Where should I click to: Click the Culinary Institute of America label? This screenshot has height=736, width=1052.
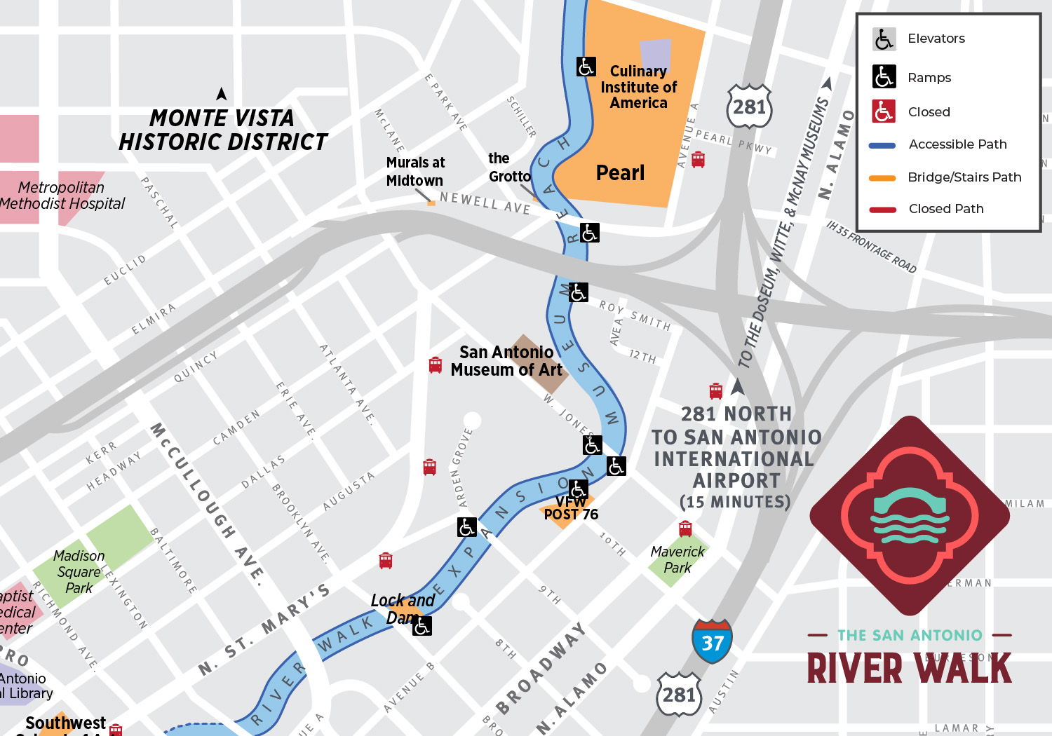click(638, 88)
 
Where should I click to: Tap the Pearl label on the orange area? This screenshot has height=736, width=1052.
click(620, 173)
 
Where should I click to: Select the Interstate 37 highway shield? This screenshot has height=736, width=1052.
click(712, 641)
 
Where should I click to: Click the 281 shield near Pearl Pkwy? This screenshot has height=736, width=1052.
click(749, 107)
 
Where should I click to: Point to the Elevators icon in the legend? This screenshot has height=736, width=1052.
click(884, 39)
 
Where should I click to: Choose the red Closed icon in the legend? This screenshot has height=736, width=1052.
click(884, 111)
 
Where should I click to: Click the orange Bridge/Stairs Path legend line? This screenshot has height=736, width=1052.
click(882, 178)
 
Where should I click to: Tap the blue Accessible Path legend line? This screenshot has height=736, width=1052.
click(882, 146)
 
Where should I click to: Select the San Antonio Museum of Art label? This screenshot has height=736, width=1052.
click(506, 361)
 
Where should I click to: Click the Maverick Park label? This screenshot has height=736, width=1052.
click(677, 559)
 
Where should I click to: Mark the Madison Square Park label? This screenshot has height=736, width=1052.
click(79, 571)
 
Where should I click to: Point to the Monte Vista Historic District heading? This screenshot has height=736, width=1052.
click(222, 130)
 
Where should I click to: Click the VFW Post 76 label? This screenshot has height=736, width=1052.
click(571, 508)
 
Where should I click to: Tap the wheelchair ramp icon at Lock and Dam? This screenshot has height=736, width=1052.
click(422, 626)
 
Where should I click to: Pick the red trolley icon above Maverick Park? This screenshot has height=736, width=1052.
click(685, 528)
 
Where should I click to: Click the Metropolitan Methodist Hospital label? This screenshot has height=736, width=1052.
click(62, 196)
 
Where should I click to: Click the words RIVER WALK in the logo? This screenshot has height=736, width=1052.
click(909, 668)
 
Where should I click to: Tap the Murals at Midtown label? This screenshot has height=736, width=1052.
click(415, 172)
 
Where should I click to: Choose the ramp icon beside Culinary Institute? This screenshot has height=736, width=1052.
click(586, 67)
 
